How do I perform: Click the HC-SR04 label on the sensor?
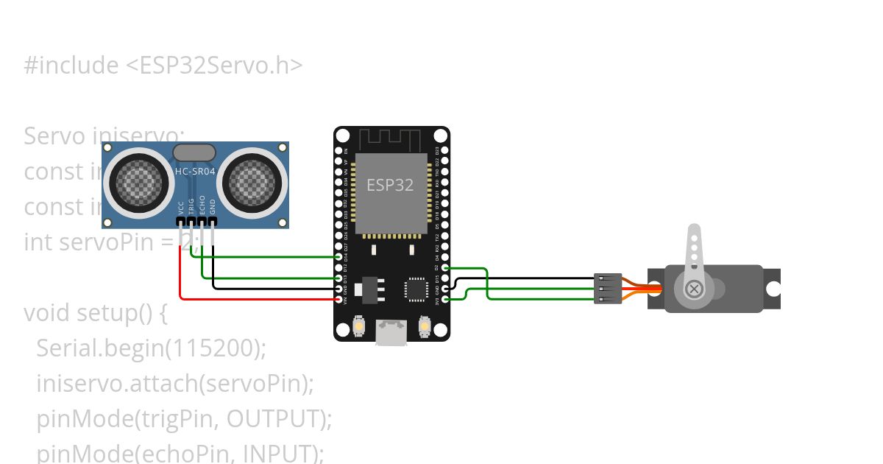(195, 172)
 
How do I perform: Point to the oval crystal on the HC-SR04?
(194, 152)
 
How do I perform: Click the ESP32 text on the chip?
(390, 185)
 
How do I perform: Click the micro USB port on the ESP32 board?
(391, 332)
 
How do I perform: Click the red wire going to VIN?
(258, 299)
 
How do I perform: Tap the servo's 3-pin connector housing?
(608, 289)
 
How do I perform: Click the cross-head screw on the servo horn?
(693, 289)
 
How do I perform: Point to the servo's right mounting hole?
(773, 289)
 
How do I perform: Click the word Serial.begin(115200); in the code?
(151, 348)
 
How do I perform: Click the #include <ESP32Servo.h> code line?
(163, 66)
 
